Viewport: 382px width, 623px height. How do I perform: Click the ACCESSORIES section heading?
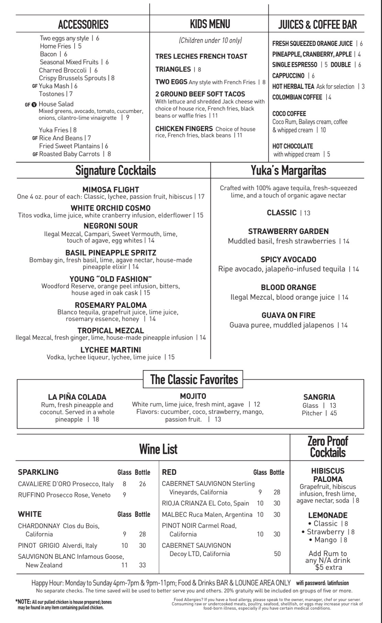pos(83,24)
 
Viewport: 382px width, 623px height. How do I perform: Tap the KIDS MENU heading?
pos(210,24)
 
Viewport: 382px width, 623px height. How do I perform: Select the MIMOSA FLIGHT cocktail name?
pos(111,189)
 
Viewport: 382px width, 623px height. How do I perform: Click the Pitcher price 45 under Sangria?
pos(334,413)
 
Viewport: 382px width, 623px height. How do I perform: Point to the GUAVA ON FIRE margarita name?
pos(288,315)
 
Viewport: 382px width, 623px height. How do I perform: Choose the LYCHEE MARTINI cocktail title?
pos(111,350)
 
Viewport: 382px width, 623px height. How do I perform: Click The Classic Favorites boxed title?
pos(194,379)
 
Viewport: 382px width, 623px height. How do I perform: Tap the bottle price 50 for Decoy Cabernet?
pos(277,554)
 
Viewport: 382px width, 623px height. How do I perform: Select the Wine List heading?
pos(158,449)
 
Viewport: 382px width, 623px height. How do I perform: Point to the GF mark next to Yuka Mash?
pos(35,86)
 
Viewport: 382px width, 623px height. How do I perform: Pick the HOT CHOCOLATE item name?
pos(293,146)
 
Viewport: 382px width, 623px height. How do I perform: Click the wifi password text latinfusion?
pos(338,583)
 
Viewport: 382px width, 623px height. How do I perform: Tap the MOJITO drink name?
pos(193,396)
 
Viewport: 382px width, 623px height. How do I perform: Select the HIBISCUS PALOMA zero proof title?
pos(328,475)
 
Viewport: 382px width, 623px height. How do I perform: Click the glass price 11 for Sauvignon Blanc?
pos(124,565)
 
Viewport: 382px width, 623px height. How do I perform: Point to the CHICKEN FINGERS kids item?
pos(184,129)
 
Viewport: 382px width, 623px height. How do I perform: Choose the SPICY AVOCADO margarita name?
pos(288,259)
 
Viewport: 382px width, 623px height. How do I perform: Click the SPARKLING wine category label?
pos(38,472)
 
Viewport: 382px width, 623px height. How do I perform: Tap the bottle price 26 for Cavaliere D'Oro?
pos(143,484)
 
